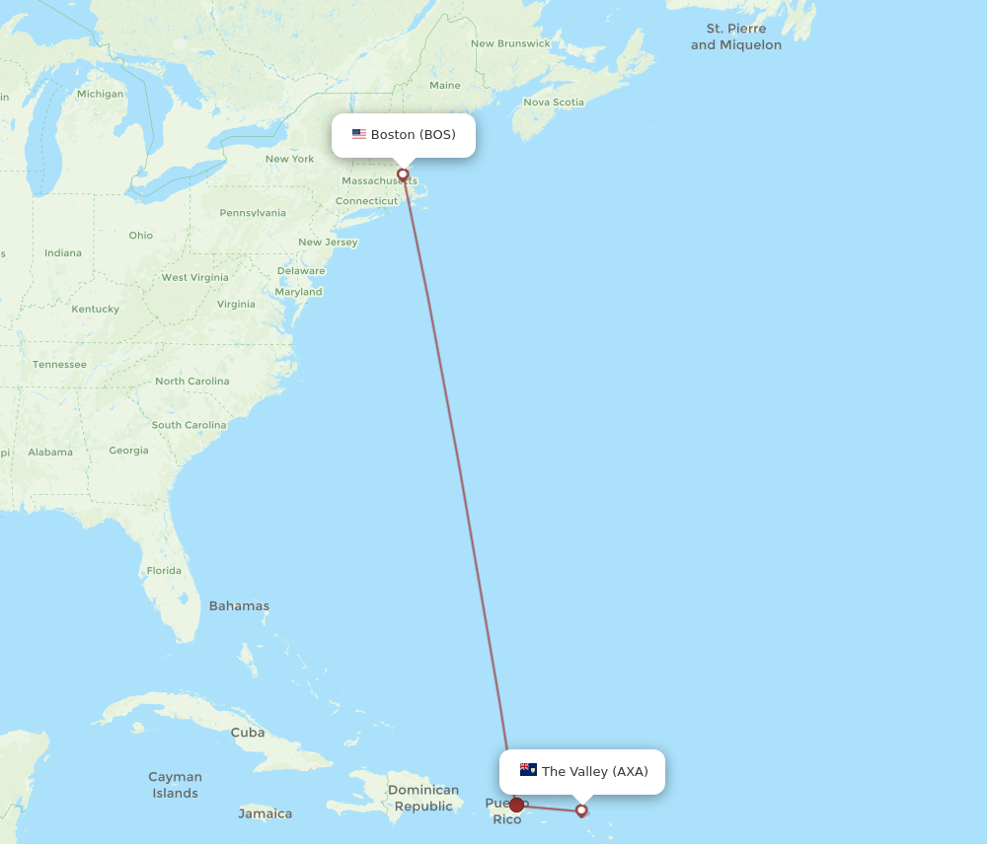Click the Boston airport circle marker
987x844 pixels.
[x=403, y=175]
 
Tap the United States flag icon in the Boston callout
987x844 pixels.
[x=359, y=134]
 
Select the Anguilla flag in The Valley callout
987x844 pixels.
[x=528, y=770]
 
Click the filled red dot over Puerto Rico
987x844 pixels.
[x=516, y=806]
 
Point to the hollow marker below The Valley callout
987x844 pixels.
[x=581, y=810]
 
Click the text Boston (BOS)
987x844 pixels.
[x=414, y=134]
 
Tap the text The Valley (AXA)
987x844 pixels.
[x=595, y=771]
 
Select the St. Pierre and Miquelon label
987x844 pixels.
[x=736, y=36]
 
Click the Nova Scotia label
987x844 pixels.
[x=554, y=102]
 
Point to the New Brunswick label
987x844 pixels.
[x=510, y=43]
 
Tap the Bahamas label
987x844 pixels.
[x=239, y=605]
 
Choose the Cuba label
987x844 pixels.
[x=248, y=733]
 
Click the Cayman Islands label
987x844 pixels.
[x=175, y=785]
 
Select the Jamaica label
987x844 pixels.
[x=266, y=813]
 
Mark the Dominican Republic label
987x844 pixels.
[x=423, y=798]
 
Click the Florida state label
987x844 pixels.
[x=164, y=570]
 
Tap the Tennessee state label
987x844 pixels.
[x=59, y=364]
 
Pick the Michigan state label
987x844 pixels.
[x=101, y=94]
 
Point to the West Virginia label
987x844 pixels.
[x=194, y=277]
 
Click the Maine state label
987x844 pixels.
[x=445, y=86]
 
